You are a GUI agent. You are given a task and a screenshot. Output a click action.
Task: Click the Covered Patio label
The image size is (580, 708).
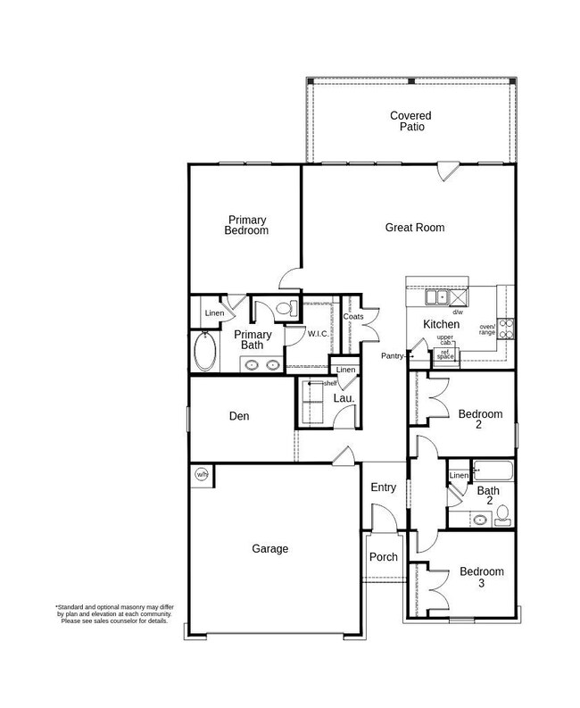point(410,121)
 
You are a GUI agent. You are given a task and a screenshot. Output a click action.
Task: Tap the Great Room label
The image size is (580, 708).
point(414,228)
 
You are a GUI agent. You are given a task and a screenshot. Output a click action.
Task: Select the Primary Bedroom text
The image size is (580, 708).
point(247,225)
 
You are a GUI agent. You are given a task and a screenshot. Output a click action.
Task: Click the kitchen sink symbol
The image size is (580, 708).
point(437,297)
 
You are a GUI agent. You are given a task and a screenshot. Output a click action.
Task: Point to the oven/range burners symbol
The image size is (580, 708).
point(507,329)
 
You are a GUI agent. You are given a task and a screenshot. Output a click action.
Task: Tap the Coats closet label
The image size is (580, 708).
point(352,316)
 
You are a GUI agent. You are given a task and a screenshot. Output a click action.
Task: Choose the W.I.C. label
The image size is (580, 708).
point(319,334)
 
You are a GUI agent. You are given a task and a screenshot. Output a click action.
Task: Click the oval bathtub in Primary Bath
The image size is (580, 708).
point(205,352)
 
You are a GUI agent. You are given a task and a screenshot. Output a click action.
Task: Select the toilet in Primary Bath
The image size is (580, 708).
point(285,309)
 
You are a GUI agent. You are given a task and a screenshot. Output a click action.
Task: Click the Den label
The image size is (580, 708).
point(238,416)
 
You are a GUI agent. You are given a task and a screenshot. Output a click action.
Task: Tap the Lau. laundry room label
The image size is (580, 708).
point(344,398)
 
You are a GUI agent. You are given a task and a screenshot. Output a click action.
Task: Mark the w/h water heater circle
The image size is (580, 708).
point(202,475)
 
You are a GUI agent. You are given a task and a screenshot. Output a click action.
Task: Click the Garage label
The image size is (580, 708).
point(269,549)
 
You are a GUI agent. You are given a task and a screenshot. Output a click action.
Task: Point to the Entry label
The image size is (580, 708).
point(383,487)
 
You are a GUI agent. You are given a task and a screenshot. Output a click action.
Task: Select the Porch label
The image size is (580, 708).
point(383,557)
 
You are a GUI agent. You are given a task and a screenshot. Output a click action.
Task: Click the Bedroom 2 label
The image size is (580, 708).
point(481,420)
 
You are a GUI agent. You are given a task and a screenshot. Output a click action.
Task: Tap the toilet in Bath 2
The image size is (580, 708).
point(503,512)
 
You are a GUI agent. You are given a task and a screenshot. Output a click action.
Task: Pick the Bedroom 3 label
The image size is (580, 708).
point(481,577)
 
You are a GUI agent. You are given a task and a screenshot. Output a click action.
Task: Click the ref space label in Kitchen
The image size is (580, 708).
point(445,354)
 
